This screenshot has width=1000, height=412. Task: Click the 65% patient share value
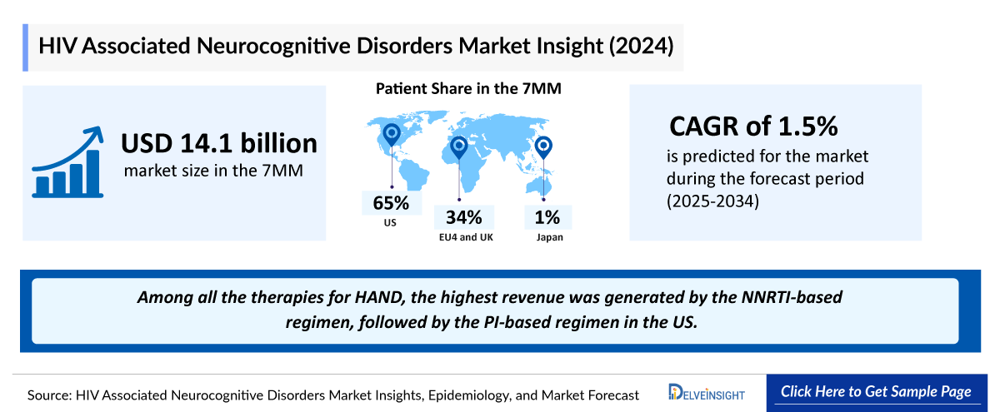click(391, 203)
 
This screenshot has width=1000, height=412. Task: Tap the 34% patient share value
click(463, 218)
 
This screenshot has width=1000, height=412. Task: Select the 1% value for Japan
click(547, 218)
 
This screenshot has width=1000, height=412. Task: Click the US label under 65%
click(391, 223)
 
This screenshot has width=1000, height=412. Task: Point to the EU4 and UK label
click(463, 238)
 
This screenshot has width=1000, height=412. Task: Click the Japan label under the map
click(547, 238)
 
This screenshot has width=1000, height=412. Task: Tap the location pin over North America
click(390, 133)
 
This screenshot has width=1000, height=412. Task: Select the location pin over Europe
click(458, 147)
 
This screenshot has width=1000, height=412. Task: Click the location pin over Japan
click(543, 147)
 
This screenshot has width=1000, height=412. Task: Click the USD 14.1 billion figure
click(219, 143)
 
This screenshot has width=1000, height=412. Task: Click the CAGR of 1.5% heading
click(753, 127)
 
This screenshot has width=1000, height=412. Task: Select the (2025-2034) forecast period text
click(712, 201)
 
